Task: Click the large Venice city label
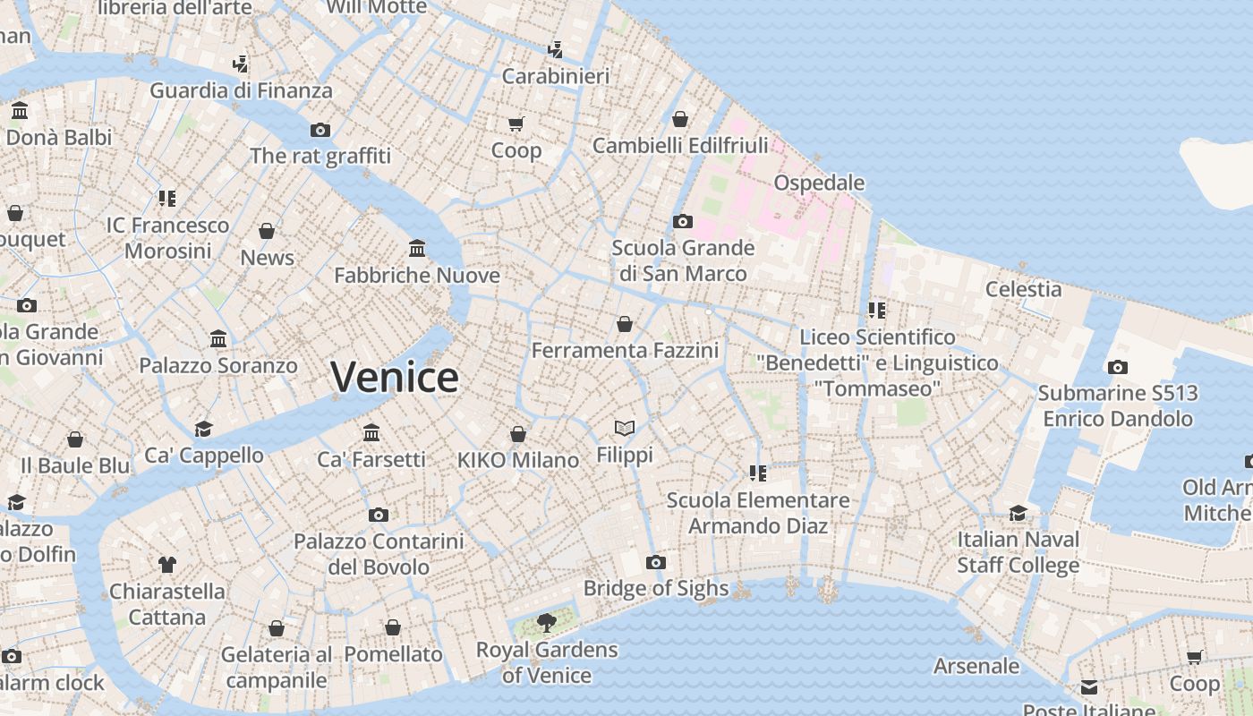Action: (x=395, y=377)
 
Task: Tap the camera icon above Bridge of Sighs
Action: (x=656, y=562)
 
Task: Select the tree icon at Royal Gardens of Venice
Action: (x=546, y=623)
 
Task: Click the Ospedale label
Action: (x=819, y=183)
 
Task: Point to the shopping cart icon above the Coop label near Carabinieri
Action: (x=516, y=124)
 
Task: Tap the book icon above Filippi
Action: (x=625, y=429)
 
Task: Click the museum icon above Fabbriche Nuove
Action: (x=417, y=248)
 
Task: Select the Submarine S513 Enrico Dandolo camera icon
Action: (x=1117, y=367)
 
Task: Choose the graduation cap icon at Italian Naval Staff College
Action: (x=1019, y=513)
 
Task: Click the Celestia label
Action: (x=1023, y=289)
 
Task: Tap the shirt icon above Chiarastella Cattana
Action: (x=167, y=564)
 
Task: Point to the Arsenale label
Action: (x=976, y=666)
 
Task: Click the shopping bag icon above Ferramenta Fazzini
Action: (x=625, y=324)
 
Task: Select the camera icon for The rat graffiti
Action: (x=320, y=130)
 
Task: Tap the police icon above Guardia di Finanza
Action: (x=240, y=64)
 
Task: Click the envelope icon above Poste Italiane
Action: (x=1089, y=687)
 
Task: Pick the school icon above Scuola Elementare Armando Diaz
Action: (x=758, y=473)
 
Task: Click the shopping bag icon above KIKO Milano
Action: (x=518, y=434)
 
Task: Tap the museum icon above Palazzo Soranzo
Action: (x=218, y=339)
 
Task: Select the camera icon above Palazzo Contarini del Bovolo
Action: (x=379, y=515)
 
